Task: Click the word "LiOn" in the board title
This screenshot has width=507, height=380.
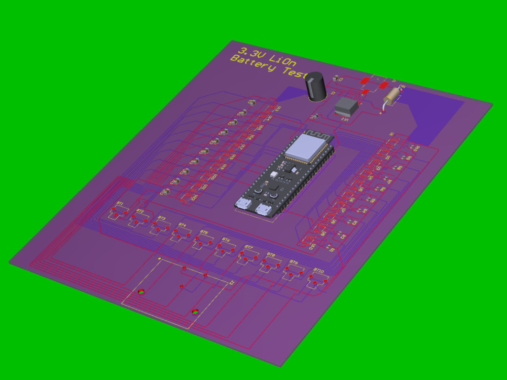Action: point(280,60)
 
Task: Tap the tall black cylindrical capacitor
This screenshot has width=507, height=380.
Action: point(316,86)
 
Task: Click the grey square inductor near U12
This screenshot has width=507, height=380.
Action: point(347,106)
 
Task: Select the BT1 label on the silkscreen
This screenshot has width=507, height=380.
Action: point(120,204)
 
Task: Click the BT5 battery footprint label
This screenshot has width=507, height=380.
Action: point(204,232)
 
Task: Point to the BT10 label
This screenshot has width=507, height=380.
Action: point(318,271)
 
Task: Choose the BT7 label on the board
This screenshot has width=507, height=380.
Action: point(248,247)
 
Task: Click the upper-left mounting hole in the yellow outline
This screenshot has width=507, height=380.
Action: point(141,292)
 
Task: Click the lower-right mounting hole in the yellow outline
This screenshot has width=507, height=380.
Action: point(195,312)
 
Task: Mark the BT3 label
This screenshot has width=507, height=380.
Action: point(161,218)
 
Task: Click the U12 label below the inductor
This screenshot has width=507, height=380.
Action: point(345,120)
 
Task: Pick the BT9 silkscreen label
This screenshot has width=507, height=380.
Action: point(294,262)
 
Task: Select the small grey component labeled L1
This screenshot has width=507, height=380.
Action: point(315,117)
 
